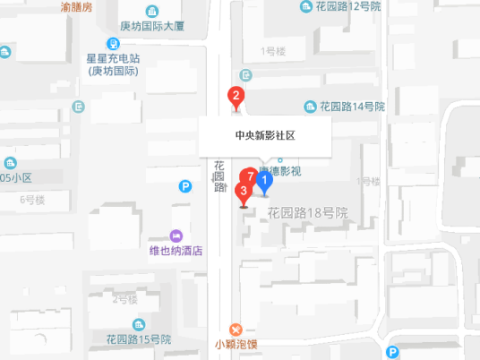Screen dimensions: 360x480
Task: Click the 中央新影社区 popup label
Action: point(265,137)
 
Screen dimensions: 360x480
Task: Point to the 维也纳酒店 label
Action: point(176,251)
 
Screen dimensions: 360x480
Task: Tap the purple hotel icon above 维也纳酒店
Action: point(176,234)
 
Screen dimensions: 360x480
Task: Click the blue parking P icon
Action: point(185,186)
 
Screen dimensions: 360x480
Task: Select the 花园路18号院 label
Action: point(307,213)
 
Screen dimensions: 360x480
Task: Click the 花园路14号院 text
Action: point(352,106)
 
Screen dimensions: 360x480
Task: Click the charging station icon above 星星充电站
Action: point(115,43)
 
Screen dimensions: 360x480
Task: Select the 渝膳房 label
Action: point(76,6)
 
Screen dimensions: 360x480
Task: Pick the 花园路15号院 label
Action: point(139,339)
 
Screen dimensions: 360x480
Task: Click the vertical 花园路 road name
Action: point(219,176)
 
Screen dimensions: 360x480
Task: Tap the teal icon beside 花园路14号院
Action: point(310,106)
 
